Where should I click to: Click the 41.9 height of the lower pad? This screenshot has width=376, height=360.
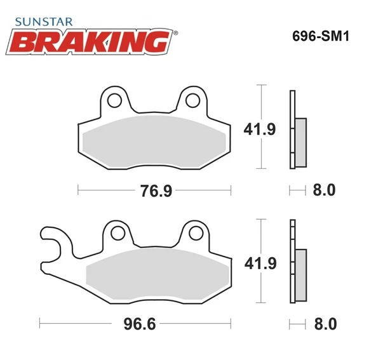click(x=260, y=262)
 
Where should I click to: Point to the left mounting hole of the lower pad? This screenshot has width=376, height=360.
click(x=116, y=232)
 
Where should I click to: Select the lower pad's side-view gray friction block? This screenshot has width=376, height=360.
click(x=300, y=274)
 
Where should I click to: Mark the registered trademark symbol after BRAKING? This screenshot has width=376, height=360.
click(x=175, y=34)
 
